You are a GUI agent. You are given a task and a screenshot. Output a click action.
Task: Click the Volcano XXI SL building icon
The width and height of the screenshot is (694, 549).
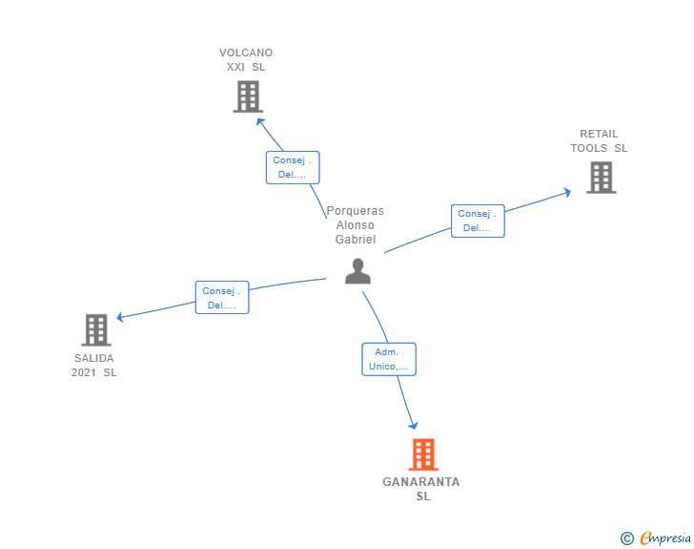248,96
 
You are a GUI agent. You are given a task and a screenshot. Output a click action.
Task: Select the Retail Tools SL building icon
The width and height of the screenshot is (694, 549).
601,178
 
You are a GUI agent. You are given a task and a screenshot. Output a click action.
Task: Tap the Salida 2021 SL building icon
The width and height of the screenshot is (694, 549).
96,330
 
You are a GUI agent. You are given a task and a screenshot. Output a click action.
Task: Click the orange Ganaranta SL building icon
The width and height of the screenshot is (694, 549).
423,454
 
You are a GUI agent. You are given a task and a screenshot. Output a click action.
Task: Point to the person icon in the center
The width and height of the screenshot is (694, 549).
357,272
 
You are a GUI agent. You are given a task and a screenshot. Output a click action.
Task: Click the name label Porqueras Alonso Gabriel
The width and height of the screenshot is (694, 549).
356,225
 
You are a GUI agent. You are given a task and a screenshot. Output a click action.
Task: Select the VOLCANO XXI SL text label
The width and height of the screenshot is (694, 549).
246,60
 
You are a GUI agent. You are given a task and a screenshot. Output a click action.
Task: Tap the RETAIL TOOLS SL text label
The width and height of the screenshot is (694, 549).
600,141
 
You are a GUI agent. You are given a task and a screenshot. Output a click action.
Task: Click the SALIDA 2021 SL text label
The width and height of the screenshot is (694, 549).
94,366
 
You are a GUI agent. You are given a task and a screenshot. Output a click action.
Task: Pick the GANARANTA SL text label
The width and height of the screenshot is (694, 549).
421,489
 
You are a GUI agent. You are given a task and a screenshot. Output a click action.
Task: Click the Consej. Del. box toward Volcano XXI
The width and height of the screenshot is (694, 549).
293,167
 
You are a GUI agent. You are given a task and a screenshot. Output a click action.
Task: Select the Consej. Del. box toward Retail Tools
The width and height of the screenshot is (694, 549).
478,221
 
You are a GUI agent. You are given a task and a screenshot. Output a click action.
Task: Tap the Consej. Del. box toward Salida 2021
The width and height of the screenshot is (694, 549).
222,298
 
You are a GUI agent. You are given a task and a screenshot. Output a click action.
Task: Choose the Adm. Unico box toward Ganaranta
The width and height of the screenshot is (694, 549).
389,359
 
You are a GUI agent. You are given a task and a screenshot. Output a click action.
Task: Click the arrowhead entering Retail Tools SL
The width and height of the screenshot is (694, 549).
567,192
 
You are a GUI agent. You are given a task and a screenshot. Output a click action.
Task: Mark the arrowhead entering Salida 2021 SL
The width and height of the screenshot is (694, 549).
120,317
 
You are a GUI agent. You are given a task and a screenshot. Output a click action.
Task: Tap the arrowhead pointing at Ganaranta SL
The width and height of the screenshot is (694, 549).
414,426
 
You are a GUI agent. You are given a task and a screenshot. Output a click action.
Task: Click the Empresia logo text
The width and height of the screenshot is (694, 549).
665,538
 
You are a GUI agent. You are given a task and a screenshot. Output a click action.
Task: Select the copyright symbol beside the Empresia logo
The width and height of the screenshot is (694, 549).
626,538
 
